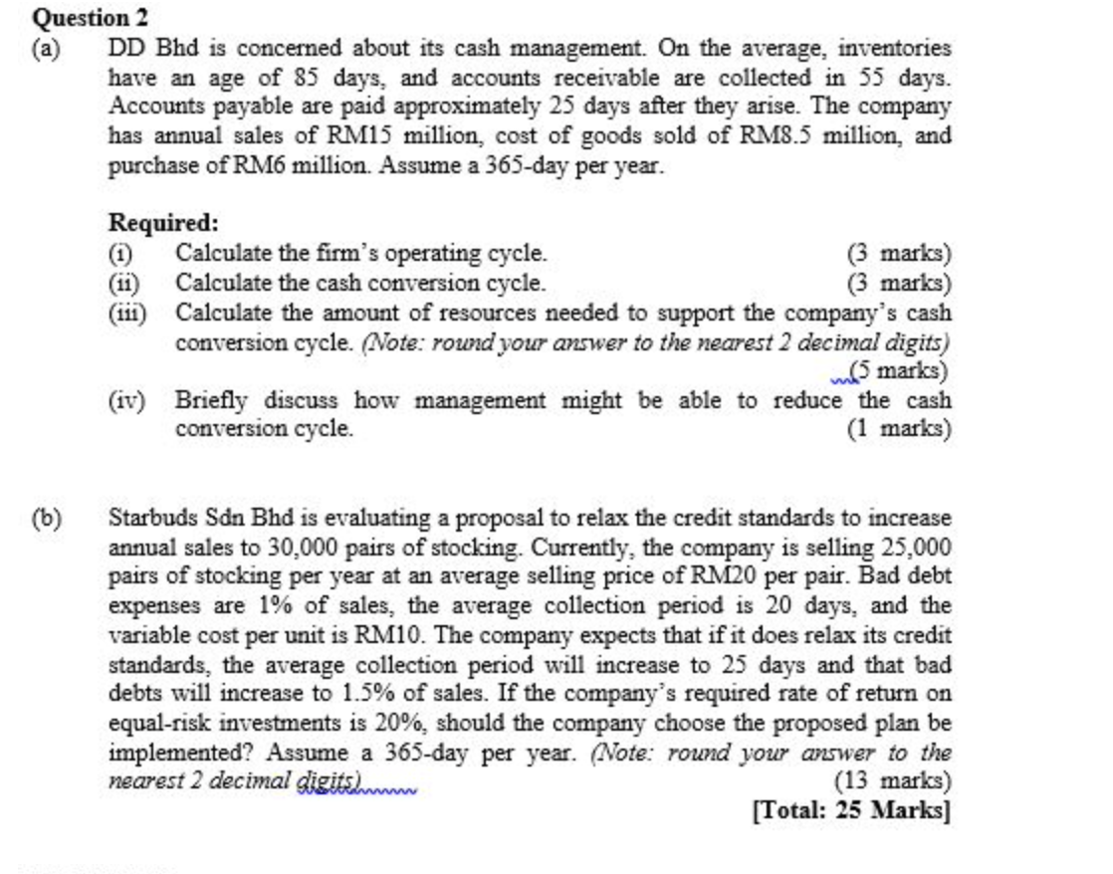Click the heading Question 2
(x=83, y=18)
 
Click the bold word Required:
(x=163, y=223)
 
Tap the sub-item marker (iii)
(x=127, y=313)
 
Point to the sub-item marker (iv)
(x=126, y=401)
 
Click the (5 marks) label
(x=898, y=371)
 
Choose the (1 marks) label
(x=898, y=430)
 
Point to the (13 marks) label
(x=893, y=781)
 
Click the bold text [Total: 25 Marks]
(x=852, y=810)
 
